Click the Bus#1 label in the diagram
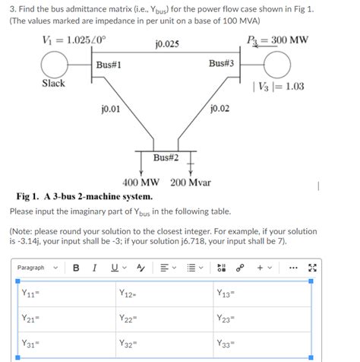coord(109,64)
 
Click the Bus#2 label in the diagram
coord(166,157)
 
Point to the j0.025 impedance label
coord(166,44)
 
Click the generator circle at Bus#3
coord(277,65)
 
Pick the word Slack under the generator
coord(54,84)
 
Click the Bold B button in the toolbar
coord(76,267)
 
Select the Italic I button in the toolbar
coord(94,267)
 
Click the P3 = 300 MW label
coord(277,40)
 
